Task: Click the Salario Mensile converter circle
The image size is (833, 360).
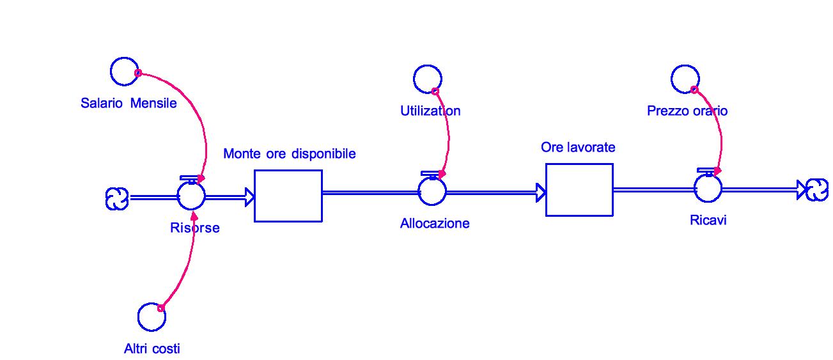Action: pyautogui.click(x=124, y=71)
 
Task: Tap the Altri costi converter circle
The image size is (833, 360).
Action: pyautogui.click(x=152, y=317)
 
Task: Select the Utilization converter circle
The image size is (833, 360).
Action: pyautogui.click(x=427, y=79)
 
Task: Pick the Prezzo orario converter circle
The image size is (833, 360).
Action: pyautogui.click(x=685, y=79)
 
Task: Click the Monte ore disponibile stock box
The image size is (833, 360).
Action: pyautogui.click(x=288, y=196)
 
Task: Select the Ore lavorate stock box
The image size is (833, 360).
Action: pyautogui.click(x=579, y=190)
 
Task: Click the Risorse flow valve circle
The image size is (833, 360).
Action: pyautogui.click(x=191, y=194)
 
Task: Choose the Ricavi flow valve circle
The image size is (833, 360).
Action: pyautogui.click(x=708, y=188)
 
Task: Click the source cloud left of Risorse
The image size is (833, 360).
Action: pyautogui.click(x=116, y=199)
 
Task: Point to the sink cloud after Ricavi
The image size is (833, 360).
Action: pyautogui.click(x=817, y=189)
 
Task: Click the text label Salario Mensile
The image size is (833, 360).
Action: pyautogui.click(x=128, y=103)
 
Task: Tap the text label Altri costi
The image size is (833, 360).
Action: pyautogui.click(x=152, y=348)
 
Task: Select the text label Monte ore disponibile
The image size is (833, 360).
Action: pyautogui.click(x=289, y=153)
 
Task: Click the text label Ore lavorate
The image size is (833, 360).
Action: pyautogui.click(x=578, y=147)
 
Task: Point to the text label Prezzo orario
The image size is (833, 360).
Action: pyautogui.click(x=687, y=111)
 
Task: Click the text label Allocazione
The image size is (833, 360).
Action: pyautogui.click(x=435, y=223)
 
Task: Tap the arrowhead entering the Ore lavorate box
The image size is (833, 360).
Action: pyautogui.click(x=540, y=191)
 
